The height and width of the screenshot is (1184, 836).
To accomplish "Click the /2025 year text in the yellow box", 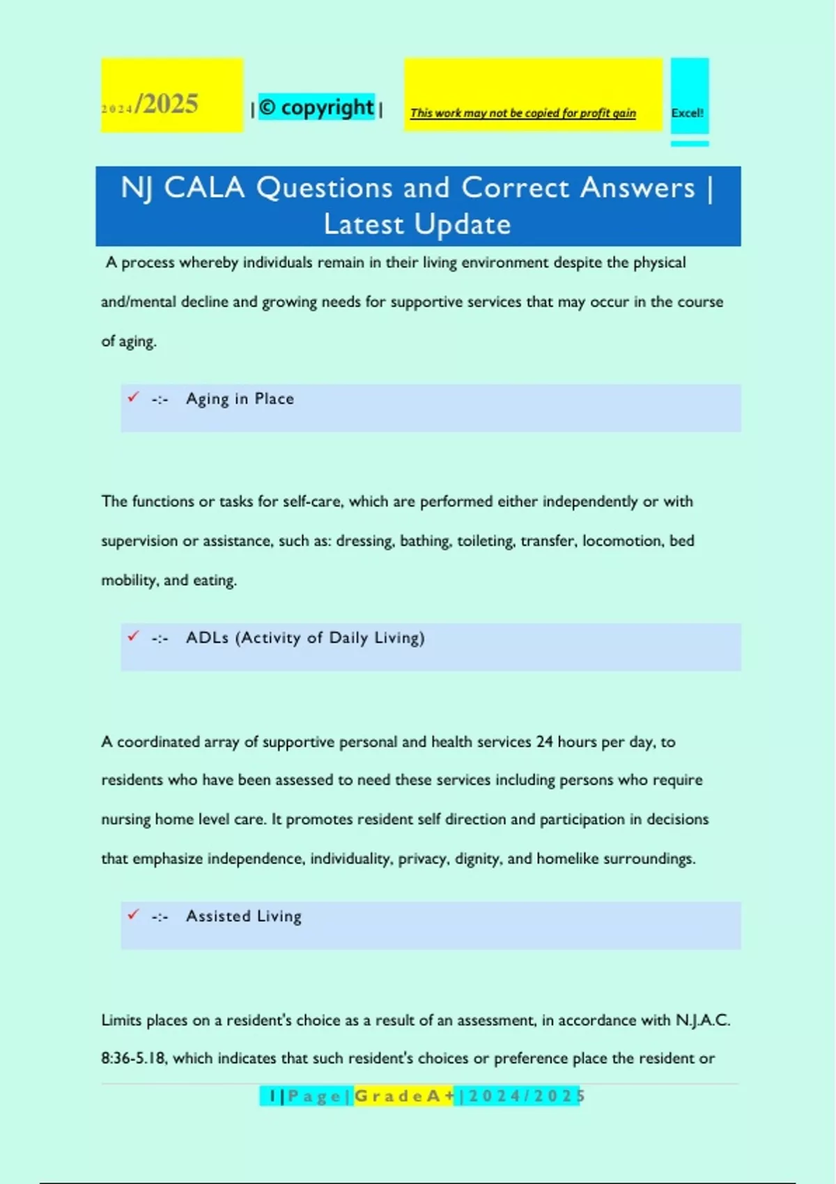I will point(167,104).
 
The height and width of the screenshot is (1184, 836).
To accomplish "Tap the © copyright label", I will point(317,107).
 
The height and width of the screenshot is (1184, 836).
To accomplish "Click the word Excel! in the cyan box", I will point(687,113).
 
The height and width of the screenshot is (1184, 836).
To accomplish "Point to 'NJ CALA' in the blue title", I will point(183,188).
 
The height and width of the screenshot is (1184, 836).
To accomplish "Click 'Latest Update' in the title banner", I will point(417,225).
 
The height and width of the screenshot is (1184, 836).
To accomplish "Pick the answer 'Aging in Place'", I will point(240,399).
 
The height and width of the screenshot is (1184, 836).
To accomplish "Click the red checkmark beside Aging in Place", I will point(133,397).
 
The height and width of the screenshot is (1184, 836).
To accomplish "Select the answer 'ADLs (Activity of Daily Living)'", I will point(305,638).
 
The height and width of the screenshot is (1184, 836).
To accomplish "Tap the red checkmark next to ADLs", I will point(133,636).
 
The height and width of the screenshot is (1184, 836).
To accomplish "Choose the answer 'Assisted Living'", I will point(244,917).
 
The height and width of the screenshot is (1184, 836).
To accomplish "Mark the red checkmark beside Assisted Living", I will point(133,914).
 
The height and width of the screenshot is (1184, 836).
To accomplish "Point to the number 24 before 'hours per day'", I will point(544,742).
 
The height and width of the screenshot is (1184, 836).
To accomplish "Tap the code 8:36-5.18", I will point(134,1059).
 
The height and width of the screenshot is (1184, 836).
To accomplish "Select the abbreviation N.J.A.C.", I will point(702,1020).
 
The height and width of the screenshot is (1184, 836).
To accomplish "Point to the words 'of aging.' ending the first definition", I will point(129,341).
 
